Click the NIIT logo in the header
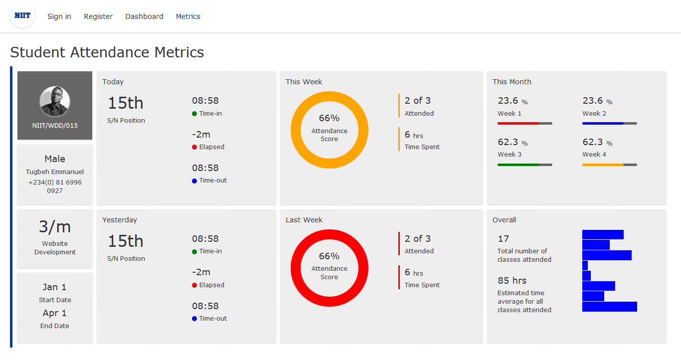(22, 15)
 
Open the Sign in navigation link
(59, 16)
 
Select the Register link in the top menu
(98, 16)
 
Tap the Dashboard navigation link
(144, 16)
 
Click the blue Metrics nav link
(188, 16)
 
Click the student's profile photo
(55, 101)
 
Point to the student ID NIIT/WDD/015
(55, 126)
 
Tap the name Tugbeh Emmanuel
(55, 172)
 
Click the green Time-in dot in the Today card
(194, 114)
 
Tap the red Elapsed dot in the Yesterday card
(194, 285)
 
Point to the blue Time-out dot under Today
(194, 181)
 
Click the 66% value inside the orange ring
(329, 118)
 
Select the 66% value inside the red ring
(329, 256)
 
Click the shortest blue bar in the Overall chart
(585, 265)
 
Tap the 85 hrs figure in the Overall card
(512, 280)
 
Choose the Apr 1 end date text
(55, 313)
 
